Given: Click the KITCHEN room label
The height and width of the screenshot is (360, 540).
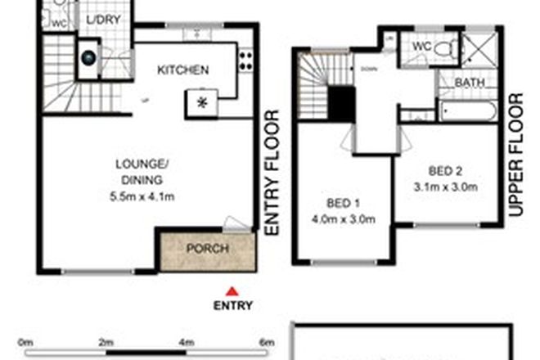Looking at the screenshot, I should pyautogui.click(x=183, y=70).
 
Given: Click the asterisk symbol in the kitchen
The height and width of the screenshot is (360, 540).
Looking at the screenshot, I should pyautogui.click(x=200, y=101).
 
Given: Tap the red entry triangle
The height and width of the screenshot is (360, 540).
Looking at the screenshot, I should pyautogui.click(x=232, y=290).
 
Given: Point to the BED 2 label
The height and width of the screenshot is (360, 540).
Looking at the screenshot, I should pyautogui.click(x=446, y=171).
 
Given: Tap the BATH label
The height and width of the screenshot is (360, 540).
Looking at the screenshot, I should pyautogui.click(x=469, y=83).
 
